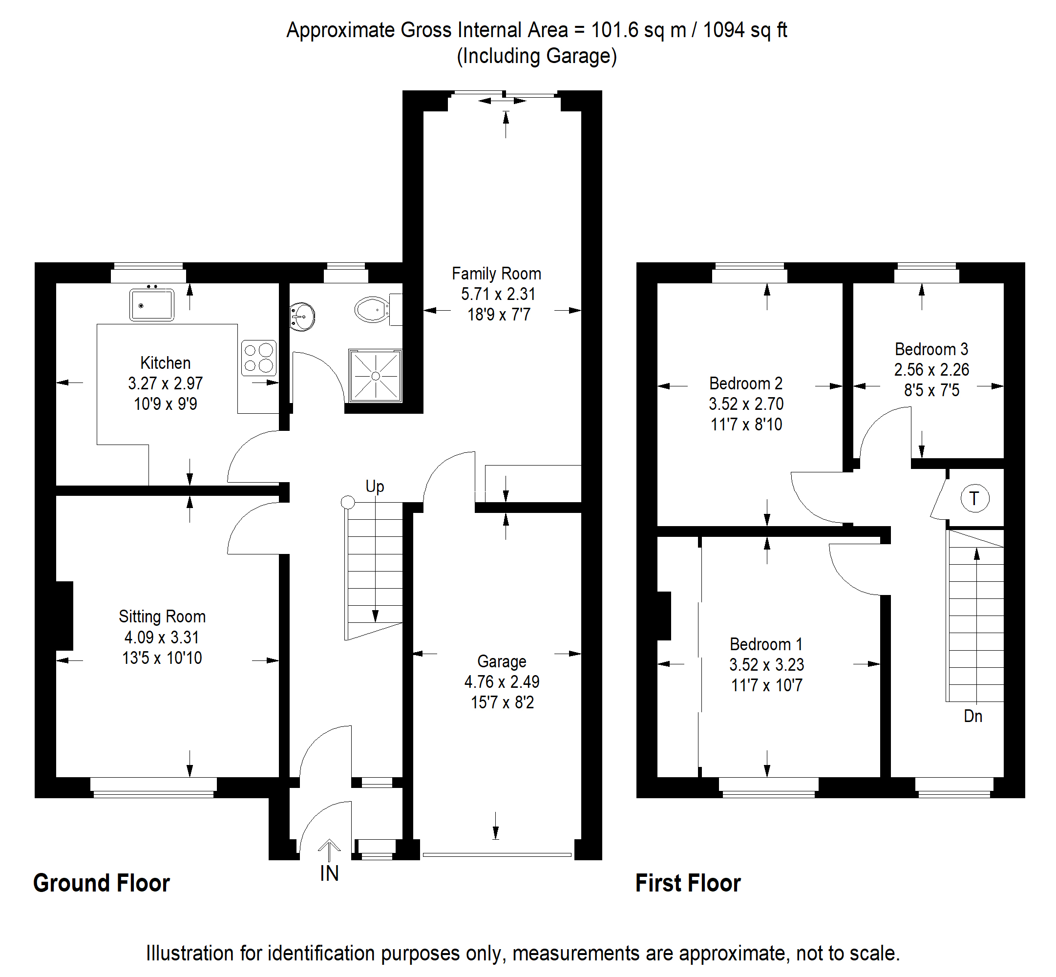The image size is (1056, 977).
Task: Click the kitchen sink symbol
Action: tap(152, 305)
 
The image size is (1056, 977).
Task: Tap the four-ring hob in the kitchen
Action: tap(258, 358)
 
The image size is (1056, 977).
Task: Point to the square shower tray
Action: tap(375, 376)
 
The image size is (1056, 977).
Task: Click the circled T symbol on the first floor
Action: tap(974, 498)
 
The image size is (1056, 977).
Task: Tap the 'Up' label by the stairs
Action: tap(375, 487)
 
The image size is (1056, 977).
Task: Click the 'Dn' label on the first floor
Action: tap(972, 716)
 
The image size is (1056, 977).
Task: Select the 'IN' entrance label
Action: tap(329, 873)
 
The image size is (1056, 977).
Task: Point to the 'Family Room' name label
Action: tap(496, 274)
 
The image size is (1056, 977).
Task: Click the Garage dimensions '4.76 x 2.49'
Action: tap(502, 682)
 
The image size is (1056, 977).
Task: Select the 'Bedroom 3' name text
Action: tap(931, 349)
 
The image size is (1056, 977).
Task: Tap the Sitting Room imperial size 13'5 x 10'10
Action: tap(162, 658)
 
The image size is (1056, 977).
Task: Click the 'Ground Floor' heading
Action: tap(102, 883)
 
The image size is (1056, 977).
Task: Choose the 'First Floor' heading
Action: tap(688, 883)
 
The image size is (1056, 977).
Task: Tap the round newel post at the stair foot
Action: tap(348, 502)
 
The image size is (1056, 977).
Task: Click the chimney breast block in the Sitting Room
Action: tap(64, 616)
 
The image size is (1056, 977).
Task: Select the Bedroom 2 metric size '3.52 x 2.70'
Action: tap(746, 404)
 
